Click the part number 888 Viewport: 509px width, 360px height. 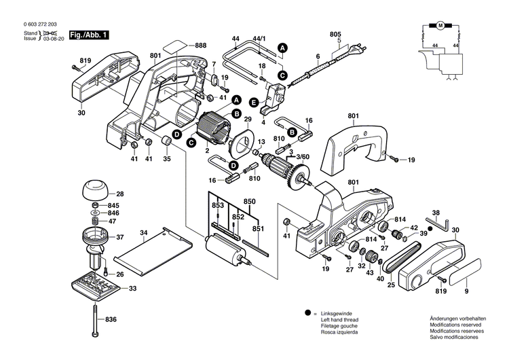pos(200,45)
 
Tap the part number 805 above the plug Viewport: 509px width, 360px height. pos(335,34)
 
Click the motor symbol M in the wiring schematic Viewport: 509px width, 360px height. pos(439,26)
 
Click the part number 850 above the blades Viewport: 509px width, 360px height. pos(249,201)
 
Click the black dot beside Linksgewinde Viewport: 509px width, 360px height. pos(307,312)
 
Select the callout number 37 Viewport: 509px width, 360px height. pos(119,237)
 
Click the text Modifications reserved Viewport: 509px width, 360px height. pos(457,325)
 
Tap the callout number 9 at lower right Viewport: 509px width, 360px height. pos(466,291)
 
